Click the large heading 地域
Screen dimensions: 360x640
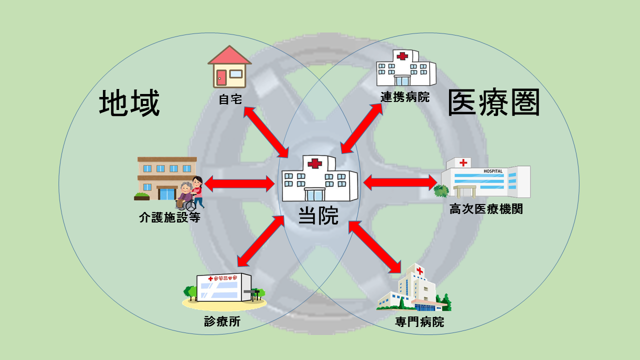click(x=129, y=104)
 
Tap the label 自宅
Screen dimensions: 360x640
click(x=230, y=99)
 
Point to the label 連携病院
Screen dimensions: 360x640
click(x=405, y=97)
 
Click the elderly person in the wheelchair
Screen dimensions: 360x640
click(x=185, y=195)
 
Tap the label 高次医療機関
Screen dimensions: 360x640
click(x=486, y=209)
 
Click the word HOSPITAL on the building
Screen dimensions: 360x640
click(x=492, y=171)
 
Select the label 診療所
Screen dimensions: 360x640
click(x=222, y=321)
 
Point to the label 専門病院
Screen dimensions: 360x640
click(x=419, y=321)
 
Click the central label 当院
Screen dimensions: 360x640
click(x=318, y=215)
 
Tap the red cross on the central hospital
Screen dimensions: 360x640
click(x=314, y=163)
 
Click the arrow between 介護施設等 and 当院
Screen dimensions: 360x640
click(x=239, y=184)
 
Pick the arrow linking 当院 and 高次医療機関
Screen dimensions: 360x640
click(x=400, y=182)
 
